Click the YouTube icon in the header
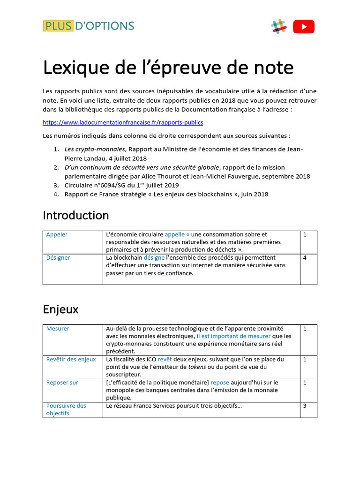click(x=304, y=27)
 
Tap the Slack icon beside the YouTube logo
click(x=279, y=26)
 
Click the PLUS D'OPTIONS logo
click(x=88, y=26)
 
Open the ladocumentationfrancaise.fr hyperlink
click(x=123, y=122)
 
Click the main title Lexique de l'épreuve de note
click(x=168, y=68)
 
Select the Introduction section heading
click(x=75, y=216)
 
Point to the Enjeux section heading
click(x=60, y=309)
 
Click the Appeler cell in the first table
click(x=57, y=234)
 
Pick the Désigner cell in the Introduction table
click(x=58, y=258)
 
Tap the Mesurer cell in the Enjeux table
click(x=58, y=329)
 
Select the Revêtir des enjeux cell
click(x=71, y=360)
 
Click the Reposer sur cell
click(x=62, y=382)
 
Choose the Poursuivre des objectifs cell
click(x=66, y=409)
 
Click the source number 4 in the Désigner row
click(x=305, y=258)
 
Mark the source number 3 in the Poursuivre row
click(x=305, y=405)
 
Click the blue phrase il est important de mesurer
click(x=233, y=336)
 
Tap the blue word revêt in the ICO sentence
click(x=165, y=360)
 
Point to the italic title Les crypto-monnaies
click(x=88, y=149)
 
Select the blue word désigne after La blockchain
click(x=154, y=258)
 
